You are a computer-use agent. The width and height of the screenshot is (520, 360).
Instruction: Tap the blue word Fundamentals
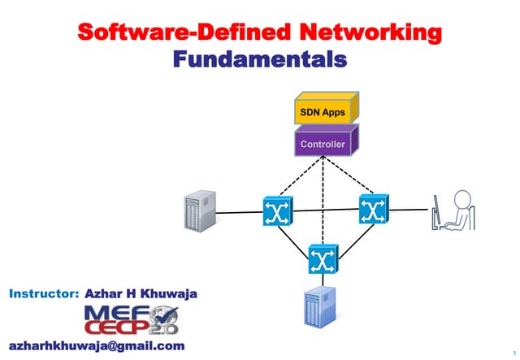[x=260, y=59]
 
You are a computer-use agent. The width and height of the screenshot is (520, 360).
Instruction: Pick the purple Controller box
[x=323, y=144]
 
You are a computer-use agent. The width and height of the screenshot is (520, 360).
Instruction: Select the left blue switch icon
[x=276, y=212]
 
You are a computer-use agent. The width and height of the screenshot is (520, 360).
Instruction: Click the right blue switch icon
[x=373, y=210]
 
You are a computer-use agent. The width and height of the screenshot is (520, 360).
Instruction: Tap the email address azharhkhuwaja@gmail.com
[x=97, y=346]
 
